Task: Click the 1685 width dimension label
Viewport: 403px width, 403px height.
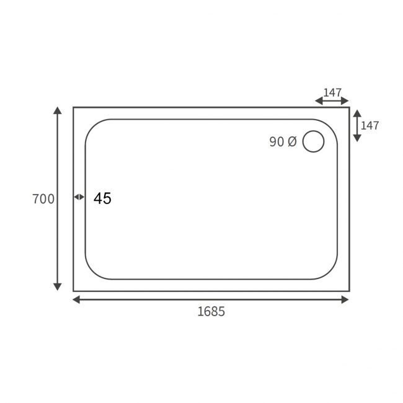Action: click(211, 312)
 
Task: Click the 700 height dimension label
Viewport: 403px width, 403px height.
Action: click(43, 199)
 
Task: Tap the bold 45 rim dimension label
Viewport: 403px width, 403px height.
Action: click(102, 198)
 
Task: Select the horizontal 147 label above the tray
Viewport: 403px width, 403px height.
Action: click(332, 92)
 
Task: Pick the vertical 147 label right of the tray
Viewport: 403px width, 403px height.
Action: click(370, 125)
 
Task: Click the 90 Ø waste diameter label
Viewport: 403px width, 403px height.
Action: click(283, 142)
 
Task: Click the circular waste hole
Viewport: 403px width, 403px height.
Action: click(313, 142)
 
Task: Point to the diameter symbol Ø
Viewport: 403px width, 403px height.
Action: click(292, 142)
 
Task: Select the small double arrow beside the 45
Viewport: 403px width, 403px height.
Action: click(79, 197)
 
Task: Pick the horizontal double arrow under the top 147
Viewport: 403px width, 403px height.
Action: click(332, 100)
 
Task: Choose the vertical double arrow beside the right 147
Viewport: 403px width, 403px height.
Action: click(356, 125)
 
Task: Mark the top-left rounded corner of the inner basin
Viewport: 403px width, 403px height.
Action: click(91, 125)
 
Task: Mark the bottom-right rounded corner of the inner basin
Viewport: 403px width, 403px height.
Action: click(332, 273)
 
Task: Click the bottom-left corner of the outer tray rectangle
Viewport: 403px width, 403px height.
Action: click(73, 291)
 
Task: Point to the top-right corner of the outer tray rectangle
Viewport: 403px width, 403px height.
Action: click(349, 107)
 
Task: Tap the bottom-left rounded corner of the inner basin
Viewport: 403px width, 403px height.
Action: click(91, 273)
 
